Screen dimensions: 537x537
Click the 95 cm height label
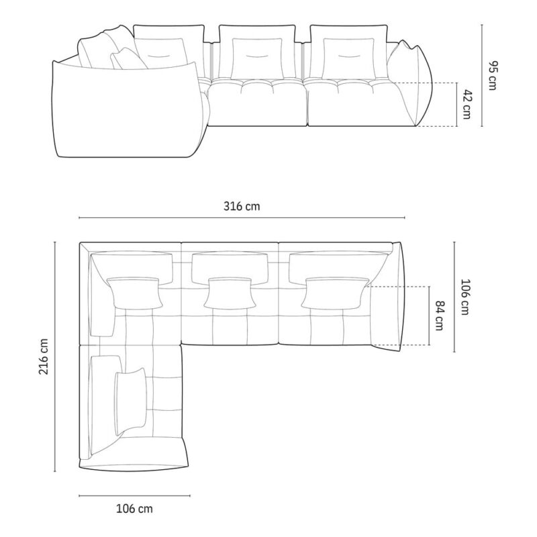492,75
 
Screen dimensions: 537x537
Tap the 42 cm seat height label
467,105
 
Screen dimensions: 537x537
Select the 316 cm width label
242,206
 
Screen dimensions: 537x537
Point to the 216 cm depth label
44,356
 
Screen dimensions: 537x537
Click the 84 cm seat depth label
440,315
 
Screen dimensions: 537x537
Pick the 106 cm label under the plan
135,509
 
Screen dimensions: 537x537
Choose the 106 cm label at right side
465,297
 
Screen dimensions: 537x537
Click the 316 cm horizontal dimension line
242,217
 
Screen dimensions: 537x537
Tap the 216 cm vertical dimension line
55,357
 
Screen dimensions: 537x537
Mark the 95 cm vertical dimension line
482,75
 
